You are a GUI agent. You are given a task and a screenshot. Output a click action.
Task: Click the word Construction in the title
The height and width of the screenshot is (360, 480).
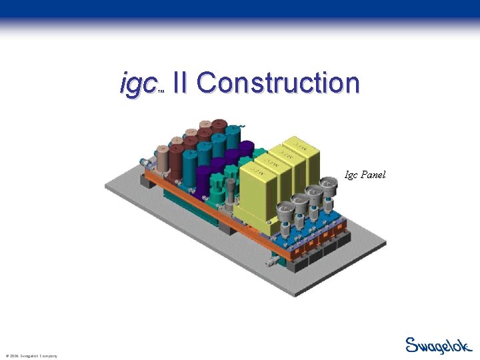pos(278,83)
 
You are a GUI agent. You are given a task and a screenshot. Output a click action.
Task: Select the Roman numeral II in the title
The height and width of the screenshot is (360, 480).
pos(179,83)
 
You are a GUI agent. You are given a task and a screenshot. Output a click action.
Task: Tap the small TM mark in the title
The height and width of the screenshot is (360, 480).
pos(161,93)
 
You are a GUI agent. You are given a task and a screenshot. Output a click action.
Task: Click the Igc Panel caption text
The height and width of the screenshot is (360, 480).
pos(365,175)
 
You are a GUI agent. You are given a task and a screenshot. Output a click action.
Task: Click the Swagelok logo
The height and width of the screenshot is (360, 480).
pos(438,345)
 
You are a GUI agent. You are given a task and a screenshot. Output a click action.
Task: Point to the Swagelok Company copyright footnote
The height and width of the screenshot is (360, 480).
pos(31,356)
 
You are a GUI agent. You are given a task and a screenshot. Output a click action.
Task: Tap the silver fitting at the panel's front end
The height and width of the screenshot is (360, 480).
pos(271,262)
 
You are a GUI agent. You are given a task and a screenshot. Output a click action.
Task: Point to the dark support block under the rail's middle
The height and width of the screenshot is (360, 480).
pos(223,227)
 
